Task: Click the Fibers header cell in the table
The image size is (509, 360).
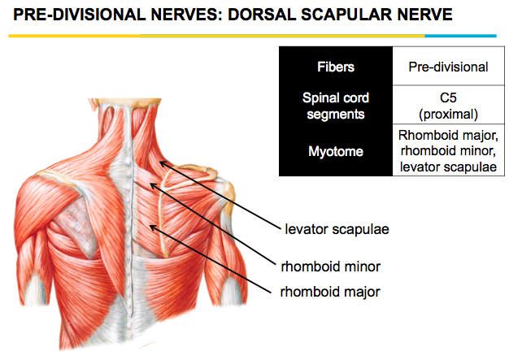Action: click(336, 67)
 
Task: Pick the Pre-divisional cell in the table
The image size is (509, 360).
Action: click(448, 67)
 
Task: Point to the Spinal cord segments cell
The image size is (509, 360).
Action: click(336, 106)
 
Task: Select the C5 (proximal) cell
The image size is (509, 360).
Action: click(448, 106)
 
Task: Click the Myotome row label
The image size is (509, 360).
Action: click(336, 151)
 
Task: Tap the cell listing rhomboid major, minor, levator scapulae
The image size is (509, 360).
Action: click(448, 151)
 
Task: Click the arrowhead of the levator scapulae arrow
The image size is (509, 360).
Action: click(161, 163)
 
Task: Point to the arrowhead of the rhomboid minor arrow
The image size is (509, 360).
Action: click(151, 187)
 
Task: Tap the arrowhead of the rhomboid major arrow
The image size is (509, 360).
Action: click(151, 228)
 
